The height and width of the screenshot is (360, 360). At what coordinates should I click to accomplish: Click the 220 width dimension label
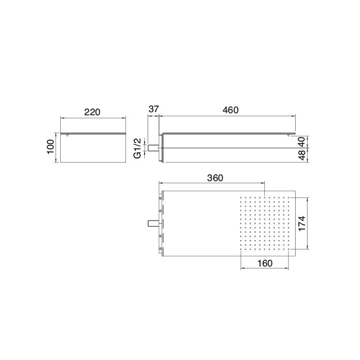click(93, 112)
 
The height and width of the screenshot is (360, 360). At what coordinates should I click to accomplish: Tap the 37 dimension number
click(153, 110)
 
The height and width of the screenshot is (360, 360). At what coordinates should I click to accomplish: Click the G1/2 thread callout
click(138, 148)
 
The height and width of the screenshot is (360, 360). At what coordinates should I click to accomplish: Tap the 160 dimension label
click(264, 263)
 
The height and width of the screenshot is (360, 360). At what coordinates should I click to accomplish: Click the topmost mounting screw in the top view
click(162, 197)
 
